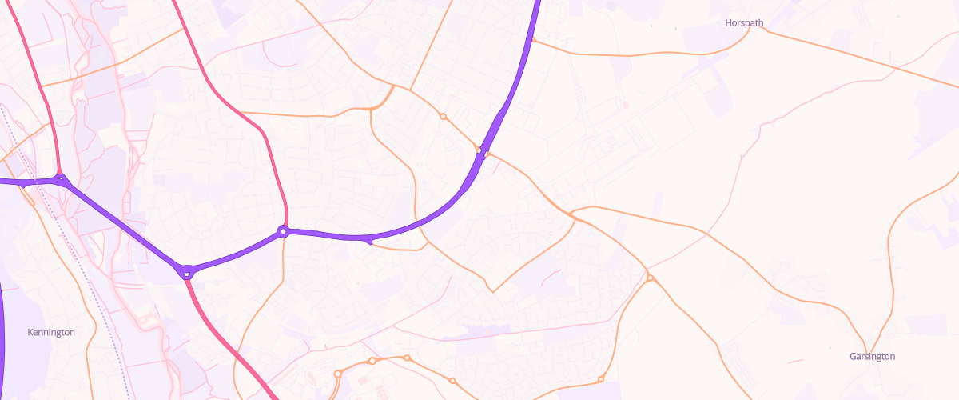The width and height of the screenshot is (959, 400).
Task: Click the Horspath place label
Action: (745, 23)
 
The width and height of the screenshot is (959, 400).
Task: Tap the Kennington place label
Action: (51, 332)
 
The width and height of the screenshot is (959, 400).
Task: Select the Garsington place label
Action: (872, 357)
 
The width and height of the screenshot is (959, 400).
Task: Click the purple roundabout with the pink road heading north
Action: (283, 232)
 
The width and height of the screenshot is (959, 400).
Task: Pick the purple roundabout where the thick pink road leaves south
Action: (186, 272)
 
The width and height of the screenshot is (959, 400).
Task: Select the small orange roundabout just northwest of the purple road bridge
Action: (443, 117)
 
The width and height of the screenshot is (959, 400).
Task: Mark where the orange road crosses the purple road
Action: (482, 152)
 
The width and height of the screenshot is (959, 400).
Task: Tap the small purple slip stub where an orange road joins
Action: (368, 240)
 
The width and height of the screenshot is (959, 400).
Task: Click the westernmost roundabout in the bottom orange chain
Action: (338, 374)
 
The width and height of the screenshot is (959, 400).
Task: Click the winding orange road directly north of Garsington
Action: (891, 256)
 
